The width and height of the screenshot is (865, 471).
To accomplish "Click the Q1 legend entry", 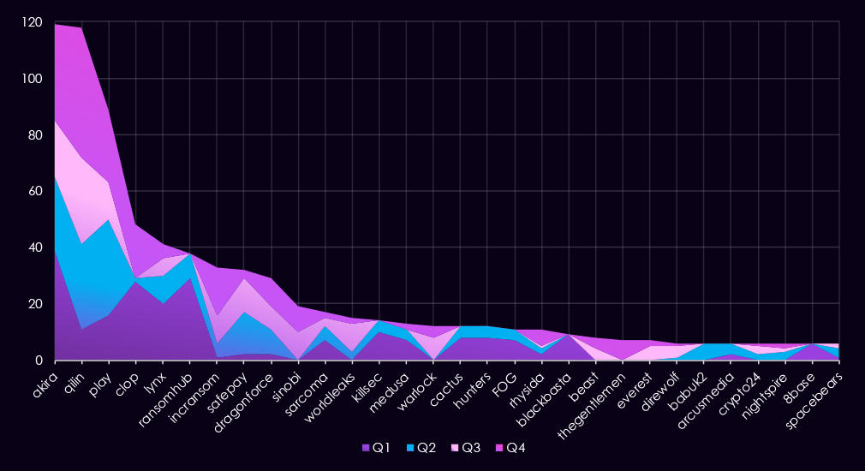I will [x=376, y=448].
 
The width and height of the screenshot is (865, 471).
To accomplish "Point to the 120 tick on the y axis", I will [x=31, y=23].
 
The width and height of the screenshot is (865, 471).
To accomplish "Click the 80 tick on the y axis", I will [x=34, y=135].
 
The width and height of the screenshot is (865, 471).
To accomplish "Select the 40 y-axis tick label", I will [x=34, y=247].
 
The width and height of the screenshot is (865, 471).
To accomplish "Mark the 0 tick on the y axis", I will [x=38, y=361].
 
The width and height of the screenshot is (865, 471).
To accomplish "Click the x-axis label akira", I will [x=44, y=378].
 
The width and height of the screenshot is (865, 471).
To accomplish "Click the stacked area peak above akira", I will [x=55, y=24].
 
